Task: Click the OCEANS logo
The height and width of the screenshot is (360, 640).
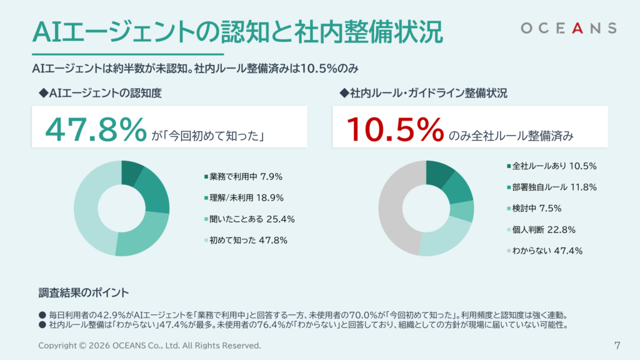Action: [x=569, y=28]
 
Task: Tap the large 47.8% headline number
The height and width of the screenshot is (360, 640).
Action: [x=96, y=129]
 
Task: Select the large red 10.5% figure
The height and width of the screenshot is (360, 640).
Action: [x=395, y=129]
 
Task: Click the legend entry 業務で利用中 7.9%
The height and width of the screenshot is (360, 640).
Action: [x=243, y=177]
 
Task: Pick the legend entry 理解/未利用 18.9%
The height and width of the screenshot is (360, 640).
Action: [x=244, y=198]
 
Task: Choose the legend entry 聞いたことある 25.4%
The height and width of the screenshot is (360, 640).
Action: [x=249, y=219]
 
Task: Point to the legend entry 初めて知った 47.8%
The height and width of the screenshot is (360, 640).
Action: [x=246, y=241]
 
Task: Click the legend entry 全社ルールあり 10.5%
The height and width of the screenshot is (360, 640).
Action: [x=552, y=166]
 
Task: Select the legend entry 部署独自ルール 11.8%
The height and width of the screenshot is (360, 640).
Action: [x=552, y=187]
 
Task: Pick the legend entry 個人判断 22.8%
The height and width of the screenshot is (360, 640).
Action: [x=541, y=230]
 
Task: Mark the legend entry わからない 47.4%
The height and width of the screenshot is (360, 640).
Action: [x=544, y=251]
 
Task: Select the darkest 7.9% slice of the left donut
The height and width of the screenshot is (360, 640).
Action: [x=131, y=173]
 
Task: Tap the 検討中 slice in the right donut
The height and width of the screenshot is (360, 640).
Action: [x=462, y=211]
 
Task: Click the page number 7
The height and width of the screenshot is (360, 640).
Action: [x=617, y=346]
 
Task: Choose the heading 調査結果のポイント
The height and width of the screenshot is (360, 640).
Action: [x=84, y=292]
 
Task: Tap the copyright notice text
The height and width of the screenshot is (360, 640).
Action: [x=149, y=346]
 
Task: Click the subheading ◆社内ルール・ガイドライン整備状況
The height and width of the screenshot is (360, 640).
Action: [x=423, y=93]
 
